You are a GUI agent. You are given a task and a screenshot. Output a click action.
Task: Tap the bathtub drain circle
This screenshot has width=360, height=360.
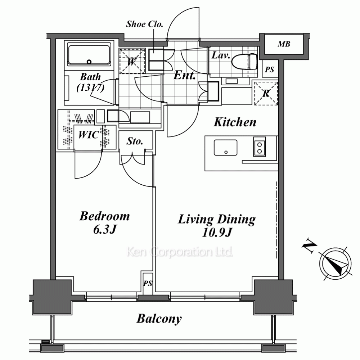tap(89, 62)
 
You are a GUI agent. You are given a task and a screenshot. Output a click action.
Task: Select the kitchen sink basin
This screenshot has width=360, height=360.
tap(225, 148)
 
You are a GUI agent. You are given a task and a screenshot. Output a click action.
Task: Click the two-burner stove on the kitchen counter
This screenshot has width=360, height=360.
tap(260, 147)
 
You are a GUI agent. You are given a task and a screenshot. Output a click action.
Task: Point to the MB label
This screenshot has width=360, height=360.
tap(284, 44)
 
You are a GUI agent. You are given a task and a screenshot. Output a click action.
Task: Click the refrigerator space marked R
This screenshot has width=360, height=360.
tap(266, 93)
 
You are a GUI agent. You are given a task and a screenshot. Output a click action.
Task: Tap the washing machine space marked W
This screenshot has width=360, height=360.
tap(132, 61)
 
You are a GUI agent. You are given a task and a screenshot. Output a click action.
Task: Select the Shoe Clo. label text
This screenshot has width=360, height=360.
tap(144, 24)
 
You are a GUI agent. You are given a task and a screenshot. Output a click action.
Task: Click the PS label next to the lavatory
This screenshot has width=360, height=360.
tap(270, 69)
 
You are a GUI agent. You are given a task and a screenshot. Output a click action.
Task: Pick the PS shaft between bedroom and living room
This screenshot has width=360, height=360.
tap(148, 284)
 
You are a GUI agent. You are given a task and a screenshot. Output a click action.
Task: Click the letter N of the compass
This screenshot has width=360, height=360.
tap(309, 246)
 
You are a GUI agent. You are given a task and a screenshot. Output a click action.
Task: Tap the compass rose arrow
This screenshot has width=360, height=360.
tap(336, 264)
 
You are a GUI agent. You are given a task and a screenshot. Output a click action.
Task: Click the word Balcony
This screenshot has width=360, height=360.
tap(159, 319)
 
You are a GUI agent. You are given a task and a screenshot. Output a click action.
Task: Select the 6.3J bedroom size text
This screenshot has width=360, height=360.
tap(105, 229)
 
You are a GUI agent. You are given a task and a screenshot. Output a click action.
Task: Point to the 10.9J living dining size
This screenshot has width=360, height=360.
tap(217, 232)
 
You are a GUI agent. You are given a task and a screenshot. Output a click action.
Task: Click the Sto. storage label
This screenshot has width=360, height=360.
tap(135, 141)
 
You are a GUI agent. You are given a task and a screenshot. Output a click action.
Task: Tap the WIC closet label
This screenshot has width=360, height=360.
tap(89, 135)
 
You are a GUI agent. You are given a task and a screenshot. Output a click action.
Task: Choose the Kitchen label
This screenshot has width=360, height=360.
tap(235, 122)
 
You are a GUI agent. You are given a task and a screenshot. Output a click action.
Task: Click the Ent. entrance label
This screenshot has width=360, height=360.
tap(185, 75)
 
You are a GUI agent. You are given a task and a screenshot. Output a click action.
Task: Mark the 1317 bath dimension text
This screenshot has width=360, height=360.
tap(90, 87)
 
